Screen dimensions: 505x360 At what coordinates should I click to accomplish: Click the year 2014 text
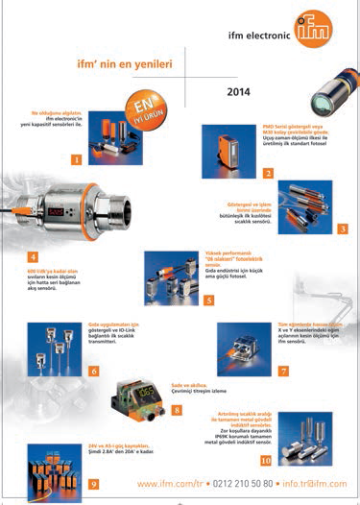240,94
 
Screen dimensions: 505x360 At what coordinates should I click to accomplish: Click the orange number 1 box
77,159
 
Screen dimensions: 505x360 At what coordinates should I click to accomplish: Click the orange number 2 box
269,173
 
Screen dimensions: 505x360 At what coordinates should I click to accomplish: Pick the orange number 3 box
343,228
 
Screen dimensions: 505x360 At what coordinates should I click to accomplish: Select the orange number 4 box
34,256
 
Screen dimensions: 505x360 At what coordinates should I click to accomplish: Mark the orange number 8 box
177,410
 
